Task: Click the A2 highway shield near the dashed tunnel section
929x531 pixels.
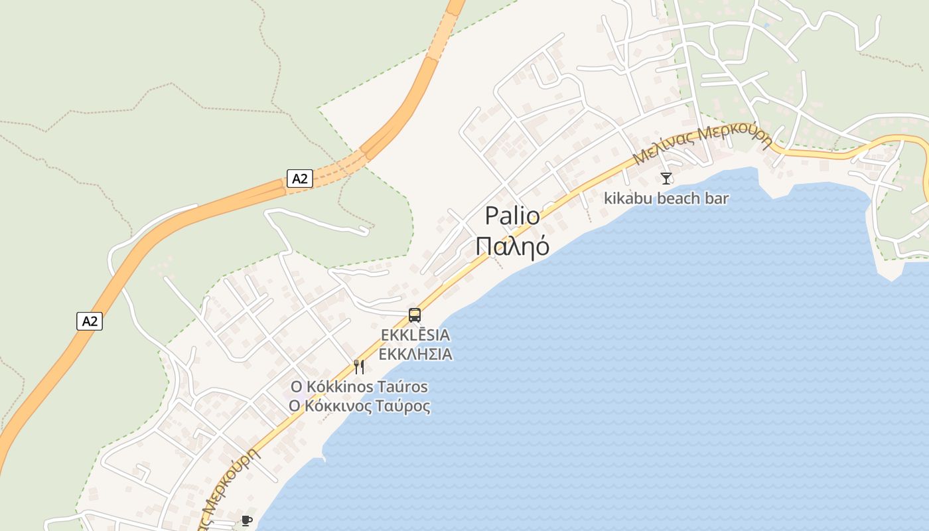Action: (300, 178)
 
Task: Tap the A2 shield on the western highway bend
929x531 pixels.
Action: (90, 321)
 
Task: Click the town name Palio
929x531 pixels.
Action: (512, 216)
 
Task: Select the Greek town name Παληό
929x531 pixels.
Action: (512, 246)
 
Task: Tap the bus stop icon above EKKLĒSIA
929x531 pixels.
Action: (415, 315)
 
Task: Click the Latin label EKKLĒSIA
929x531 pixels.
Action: (415, 335)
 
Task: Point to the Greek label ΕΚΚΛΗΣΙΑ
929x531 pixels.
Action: (415, 354)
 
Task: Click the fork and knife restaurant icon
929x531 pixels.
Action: (359, 366)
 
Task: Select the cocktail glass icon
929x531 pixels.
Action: (666, 178)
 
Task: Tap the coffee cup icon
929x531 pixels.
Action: (247, 520)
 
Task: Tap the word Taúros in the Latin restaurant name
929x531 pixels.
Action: (402, 386)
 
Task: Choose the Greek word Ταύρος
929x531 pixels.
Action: (404, 406)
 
